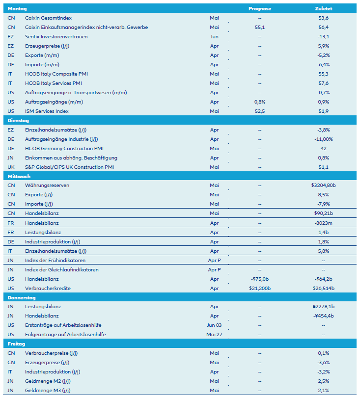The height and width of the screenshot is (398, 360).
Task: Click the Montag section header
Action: coord(17,9)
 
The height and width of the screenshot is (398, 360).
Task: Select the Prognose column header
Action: coord(260,9)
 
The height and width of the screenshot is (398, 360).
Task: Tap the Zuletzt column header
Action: coord(323,9)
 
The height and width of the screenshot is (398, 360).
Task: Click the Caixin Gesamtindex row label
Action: coord(48,18)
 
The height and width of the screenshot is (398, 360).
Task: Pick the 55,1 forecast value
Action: coord(260,27)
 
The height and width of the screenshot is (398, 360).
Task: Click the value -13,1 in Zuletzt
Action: coord(323,37)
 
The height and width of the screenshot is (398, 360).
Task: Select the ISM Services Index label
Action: coord(47,111)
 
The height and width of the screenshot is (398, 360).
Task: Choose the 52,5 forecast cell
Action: coord(260,111)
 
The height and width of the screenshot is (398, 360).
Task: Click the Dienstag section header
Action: coord(18,120)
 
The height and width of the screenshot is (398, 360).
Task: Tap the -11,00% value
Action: coord(323,139)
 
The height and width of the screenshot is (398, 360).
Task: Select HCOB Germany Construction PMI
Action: coord(64,148)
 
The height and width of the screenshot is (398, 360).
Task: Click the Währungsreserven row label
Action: coord(47,186)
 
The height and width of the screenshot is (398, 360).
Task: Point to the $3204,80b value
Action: coord(323,186)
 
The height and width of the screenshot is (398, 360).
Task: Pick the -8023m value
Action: coord(323,223)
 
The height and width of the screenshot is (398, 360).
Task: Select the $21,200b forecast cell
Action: coord(260,288)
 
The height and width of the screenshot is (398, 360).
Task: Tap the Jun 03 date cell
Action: coord(214,325)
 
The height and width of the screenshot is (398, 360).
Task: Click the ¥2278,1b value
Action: coord(323,307)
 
